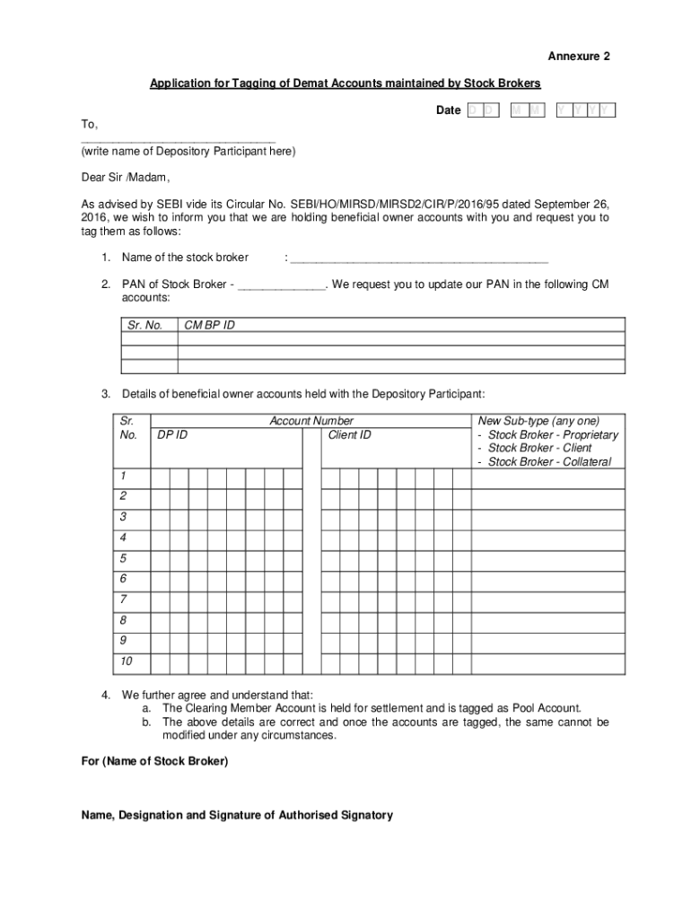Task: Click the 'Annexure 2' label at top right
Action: point(580,56)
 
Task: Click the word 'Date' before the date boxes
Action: point(448,110)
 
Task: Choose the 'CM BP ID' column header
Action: point(209,325)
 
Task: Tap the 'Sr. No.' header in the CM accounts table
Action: point(145,325)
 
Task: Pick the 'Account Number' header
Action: point(311,421)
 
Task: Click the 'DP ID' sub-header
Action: point(172,435)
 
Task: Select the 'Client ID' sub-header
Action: point(349,435)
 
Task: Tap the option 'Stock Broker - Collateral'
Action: point(549,461)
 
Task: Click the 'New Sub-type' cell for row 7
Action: point(547,600)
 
